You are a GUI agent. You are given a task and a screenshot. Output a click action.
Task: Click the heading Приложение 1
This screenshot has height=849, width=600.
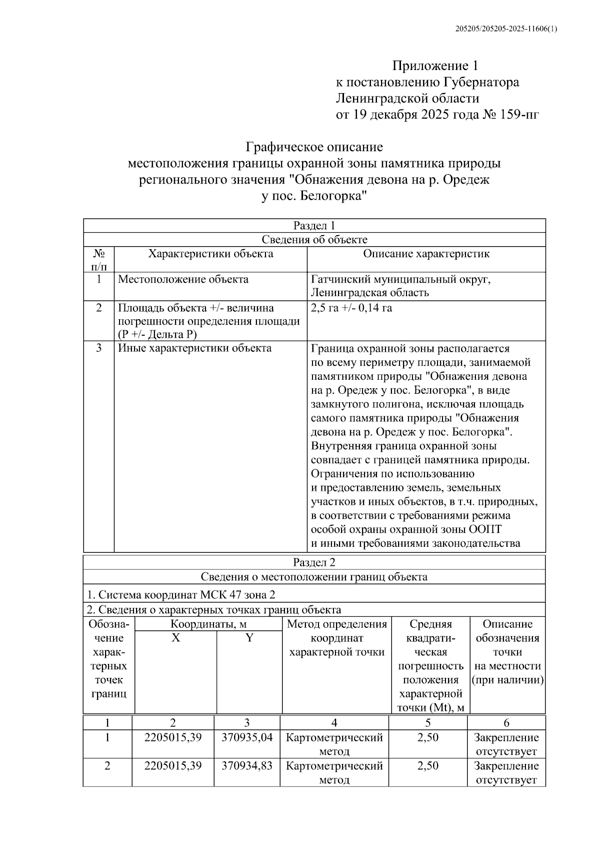435,66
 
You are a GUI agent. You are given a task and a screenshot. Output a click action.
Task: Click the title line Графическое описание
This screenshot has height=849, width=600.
314,147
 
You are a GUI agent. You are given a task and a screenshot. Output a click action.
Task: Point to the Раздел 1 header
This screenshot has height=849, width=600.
314,226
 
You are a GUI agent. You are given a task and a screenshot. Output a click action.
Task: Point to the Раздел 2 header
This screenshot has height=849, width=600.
314,562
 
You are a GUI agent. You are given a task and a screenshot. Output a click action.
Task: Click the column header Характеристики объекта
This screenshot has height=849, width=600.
210,254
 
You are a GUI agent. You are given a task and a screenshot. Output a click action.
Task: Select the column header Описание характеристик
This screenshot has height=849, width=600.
426,254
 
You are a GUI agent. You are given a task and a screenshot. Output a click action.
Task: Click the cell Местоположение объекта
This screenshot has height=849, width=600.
183,279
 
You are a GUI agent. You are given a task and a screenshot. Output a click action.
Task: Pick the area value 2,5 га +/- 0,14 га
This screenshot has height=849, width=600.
351,308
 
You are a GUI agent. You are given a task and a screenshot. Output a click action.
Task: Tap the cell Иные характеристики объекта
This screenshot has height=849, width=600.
194,348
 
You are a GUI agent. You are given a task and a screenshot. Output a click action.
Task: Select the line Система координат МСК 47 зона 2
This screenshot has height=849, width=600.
181,595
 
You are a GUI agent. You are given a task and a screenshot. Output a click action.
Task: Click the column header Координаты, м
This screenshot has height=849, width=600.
208,624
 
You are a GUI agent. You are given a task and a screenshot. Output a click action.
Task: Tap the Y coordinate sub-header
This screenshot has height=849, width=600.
249,638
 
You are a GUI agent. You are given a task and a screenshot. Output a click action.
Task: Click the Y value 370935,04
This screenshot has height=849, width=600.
247,737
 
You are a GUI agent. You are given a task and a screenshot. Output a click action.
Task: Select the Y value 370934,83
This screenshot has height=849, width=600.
247,766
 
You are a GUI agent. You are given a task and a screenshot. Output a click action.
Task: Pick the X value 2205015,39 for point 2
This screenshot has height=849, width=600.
173,766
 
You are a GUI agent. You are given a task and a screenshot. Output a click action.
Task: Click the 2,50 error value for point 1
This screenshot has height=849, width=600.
428,737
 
